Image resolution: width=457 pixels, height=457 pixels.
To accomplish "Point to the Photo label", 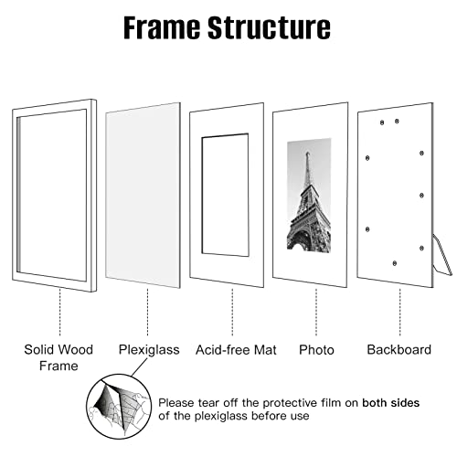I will click(x=316, y=349).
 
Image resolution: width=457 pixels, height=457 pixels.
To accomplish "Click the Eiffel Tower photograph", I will click(x=308, y=196).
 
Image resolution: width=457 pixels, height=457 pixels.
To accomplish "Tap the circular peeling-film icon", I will click(x=118, y=408).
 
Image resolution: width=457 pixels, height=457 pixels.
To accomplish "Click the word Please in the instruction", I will click(x=177, y=401).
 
